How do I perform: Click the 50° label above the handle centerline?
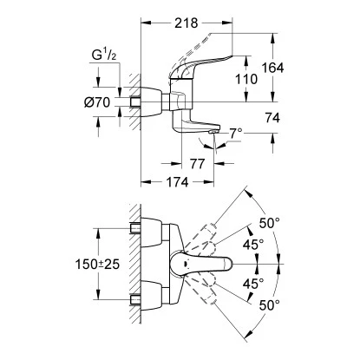pyautogui.click(x=272, y=223)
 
